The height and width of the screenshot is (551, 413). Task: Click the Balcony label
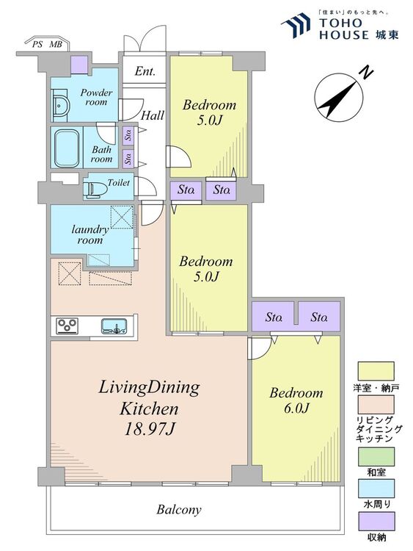[179, 509]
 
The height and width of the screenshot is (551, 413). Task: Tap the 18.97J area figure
[150, 428]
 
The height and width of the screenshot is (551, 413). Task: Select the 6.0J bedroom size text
[296, 408]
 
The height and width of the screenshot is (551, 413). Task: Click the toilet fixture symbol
[95, 190]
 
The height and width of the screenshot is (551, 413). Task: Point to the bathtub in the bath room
[67, 148]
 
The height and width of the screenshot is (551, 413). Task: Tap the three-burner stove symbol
[67, 325]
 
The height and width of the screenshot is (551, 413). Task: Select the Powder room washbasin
[61, 105]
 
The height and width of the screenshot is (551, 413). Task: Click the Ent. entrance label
[145, 71]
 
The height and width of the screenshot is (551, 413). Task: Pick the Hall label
[153, 115]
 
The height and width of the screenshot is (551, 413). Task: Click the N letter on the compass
[368, 73]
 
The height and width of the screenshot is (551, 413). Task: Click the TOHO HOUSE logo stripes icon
[296, 25]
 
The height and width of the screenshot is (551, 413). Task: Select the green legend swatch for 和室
[376, 456]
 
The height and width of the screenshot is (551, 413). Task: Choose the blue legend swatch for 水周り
[376, 488]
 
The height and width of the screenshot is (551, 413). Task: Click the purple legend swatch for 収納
[376, 521]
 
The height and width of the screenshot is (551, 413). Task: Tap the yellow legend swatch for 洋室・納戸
[376, 371]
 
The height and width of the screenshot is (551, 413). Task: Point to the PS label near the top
[37, 45]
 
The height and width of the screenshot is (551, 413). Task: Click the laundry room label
[90, 235]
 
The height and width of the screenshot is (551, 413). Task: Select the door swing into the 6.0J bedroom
[260, 349]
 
